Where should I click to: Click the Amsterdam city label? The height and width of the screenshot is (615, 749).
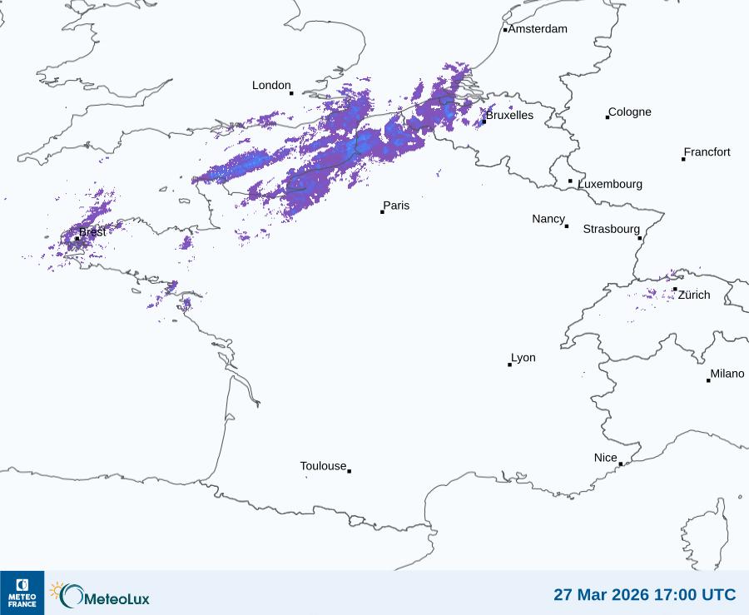(538, 29)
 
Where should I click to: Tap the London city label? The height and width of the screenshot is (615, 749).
(271, 86)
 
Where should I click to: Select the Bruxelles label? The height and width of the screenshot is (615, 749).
(509, 116)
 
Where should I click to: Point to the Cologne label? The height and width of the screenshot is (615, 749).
(630, 112)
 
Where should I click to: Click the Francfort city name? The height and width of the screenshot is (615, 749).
(707, 152)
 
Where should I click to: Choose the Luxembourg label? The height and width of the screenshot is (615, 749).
(610, 184)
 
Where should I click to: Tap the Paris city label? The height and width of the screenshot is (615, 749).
(396, 206)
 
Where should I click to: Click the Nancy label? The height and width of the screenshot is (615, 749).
(548, 219)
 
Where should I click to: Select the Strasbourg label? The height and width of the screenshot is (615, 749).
(611, 229)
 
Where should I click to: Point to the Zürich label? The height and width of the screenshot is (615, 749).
(694, 295)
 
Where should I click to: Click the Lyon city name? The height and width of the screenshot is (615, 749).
(523, 358)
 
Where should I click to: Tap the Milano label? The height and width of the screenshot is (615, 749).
(727, 374)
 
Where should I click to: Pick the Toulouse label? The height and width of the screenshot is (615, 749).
(323, 466)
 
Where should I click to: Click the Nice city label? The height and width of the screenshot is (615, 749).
(606, 458)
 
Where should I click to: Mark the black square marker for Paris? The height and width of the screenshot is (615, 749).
(382, 212)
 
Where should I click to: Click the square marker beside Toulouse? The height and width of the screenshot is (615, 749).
(349, 472)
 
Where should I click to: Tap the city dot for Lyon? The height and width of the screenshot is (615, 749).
(509, 365)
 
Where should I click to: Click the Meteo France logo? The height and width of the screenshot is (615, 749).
(22, 593)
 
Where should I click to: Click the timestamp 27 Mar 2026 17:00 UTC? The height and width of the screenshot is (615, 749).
(644, 595)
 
